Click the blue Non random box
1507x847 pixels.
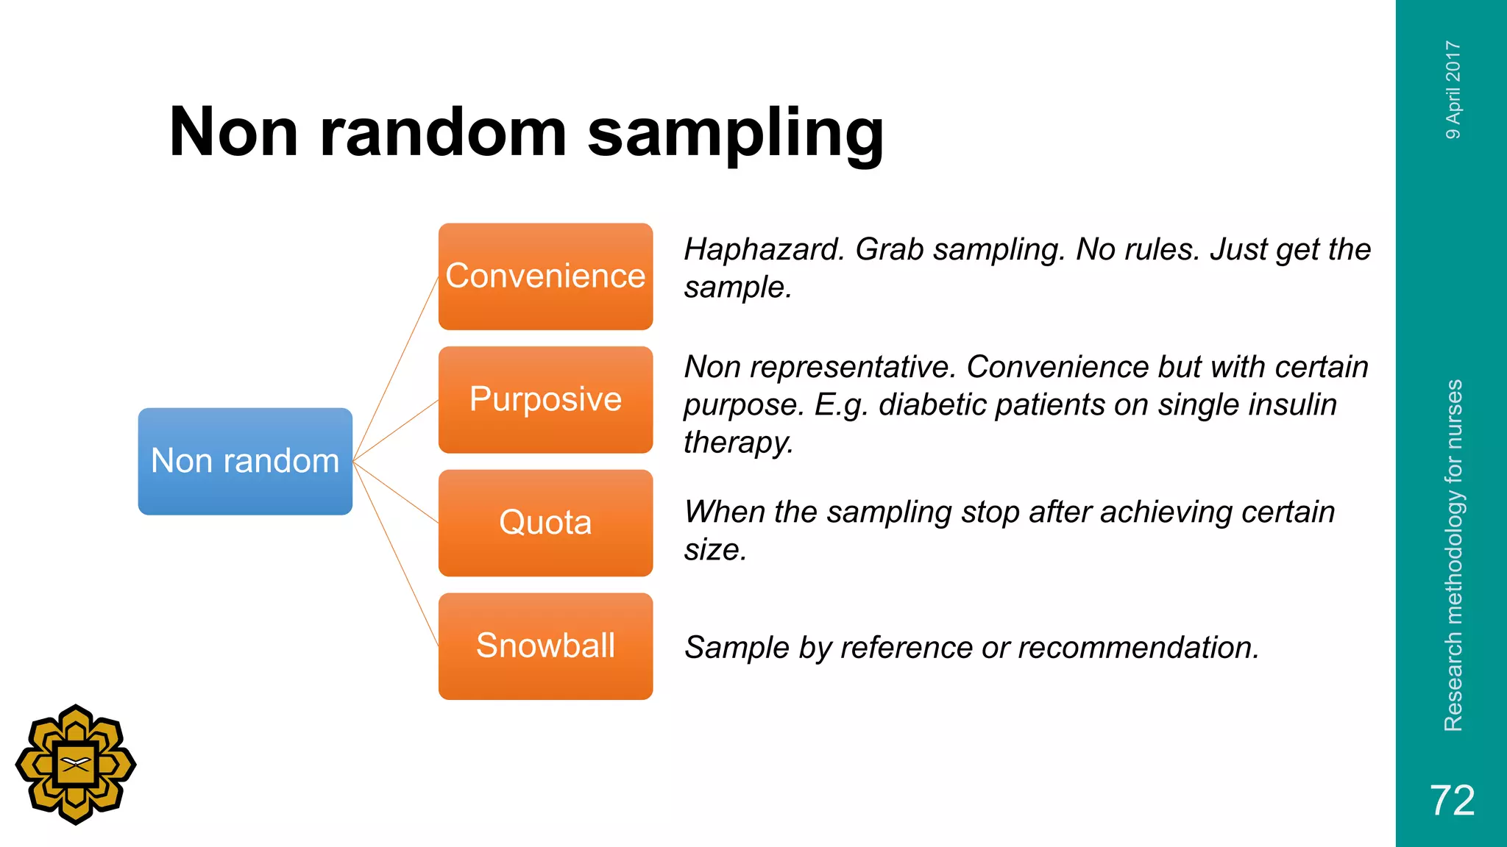245,461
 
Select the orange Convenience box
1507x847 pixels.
545,276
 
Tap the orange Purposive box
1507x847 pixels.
545,399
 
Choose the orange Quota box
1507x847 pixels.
545,523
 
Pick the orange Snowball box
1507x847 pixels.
545,646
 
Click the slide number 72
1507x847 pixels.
1452,800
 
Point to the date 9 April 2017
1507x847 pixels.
1453,90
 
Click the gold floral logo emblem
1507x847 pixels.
76,765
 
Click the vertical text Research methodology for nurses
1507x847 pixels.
1453,555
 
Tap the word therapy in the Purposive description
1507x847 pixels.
738,443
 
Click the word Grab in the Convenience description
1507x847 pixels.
889,250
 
